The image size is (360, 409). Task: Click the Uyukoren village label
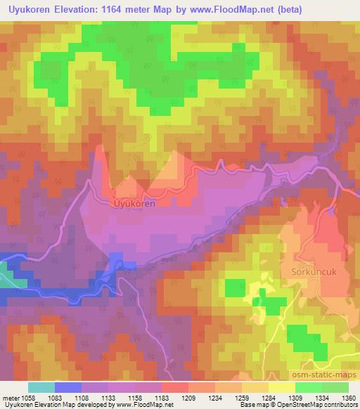[133, 203]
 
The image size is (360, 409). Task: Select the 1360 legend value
[348, 398]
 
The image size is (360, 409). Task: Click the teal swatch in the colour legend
[41, 387]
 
